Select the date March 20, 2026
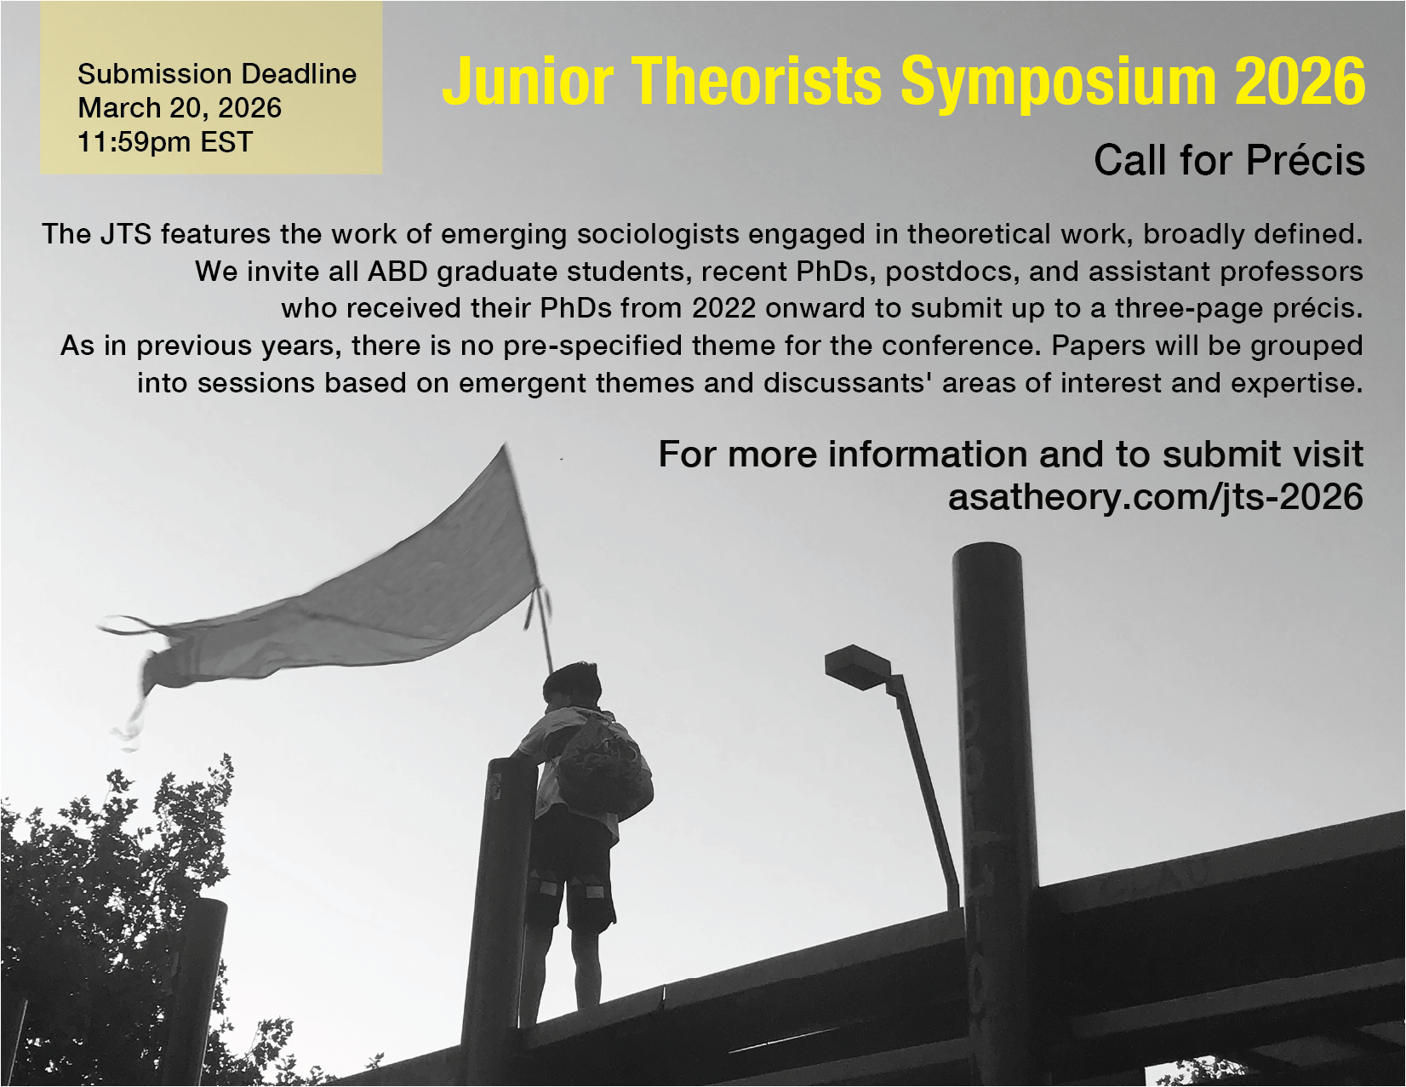tap(180, 108)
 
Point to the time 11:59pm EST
tap(165, 142)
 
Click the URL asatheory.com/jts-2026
tap(1156, 497)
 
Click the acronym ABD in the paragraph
tap(397, 271)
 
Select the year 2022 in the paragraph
tap(723, 308)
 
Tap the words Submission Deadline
tap(217, 74)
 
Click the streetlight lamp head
tap(858, 667)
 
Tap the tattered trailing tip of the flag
tap(129, 735)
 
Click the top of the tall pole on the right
tap(986, 549)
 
